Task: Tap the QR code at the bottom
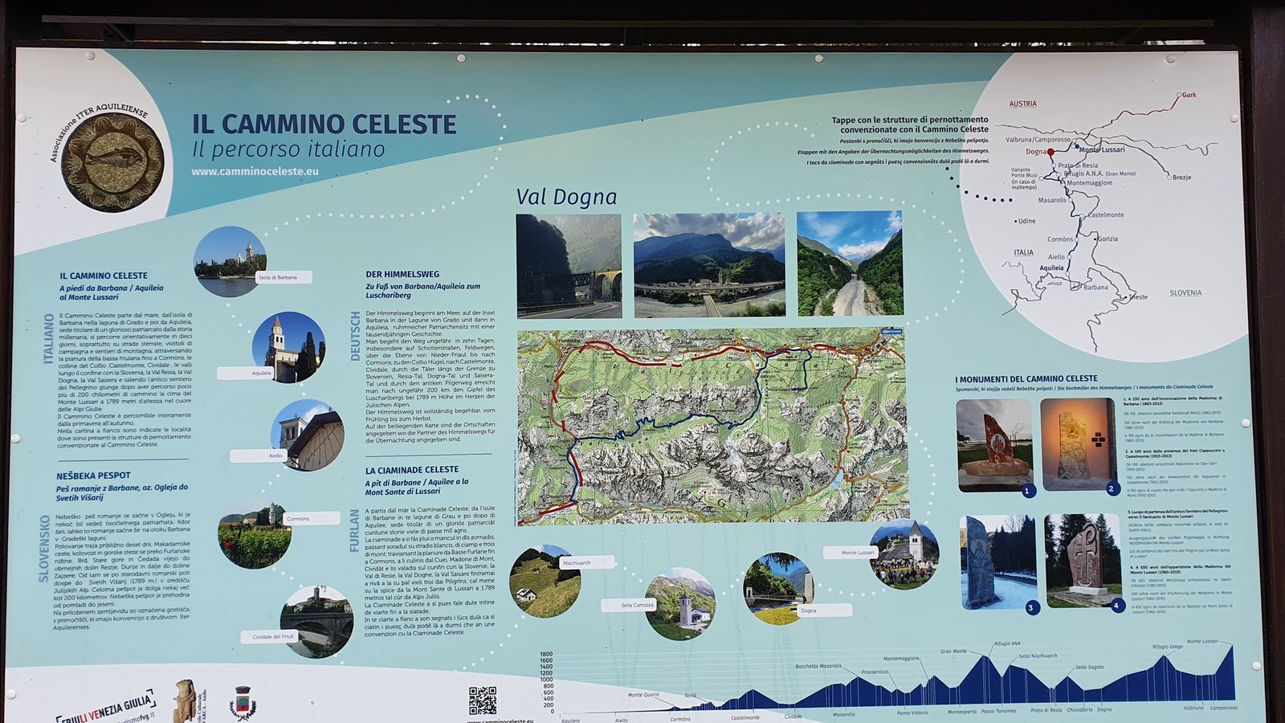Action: [x=482, y=701]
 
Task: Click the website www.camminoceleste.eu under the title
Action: [x=255, y=171]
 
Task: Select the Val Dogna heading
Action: [x=566, y=197]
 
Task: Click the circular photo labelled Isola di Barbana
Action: [x=229, y=261]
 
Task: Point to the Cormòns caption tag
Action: [x=298, y=519]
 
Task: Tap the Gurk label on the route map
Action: [x=1189, y=95]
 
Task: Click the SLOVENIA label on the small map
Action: [x=1185, y=293]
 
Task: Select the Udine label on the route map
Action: [x=1026, y=221]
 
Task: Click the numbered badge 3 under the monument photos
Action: [x=1030, y=608]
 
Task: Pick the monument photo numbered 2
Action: [x=1079, y=444]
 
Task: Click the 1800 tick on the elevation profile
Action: [x=546, y=655]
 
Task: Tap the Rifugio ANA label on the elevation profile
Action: [x=1007, y=643]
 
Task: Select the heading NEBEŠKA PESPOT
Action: [x=93, y=476]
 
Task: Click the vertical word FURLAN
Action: [x=355, y=530]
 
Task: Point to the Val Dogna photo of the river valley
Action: [x=850, y=263]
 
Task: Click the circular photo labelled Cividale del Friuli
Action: [x=316, y=620]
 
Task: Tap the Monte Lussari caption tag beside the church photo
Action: [x=858, y=553]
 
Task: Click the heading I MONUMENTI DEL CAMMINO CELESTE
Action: [x=1026, y=378]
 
